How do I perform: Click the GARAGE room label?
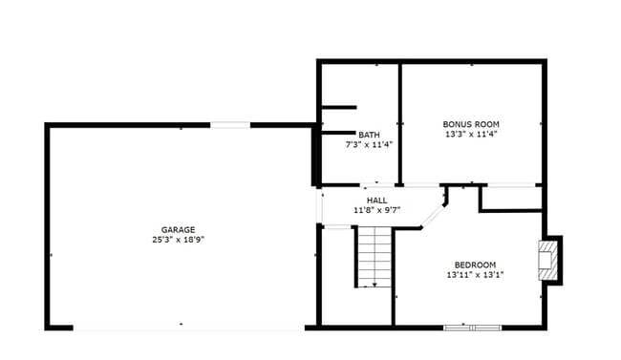tap(178, 229)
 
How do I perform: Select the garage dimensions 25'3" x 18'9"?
tap(178, 240)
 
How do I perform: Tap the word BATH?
tap(369, 135)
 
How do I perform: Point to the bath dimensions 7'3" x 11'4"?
tap(369, 145)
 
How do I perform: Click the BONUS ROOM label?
tap(470, 124)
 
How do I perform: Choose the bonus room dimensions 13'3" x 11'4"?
tap(470, 135)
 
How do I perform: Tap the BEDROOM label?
tap(475, 265)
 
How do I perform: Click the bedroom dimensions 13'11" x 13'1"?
tap(475, 275)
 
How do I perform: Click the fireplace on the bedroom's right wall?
tap(548, 260)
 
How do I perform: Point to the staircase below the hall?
tap(375, 255)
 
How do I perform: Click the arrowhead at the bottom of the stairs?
tap(375, 283)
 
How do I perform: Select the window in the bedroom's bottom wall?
tap(472, 328)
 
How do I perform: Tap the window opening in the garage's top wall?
tap(230, 124)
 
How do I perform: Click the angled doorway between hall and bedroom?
tap(435, 213)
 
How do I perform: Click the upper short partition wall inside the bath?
tap(338, 107)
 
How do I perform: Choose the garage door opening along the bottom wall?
tap(188, 328)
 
